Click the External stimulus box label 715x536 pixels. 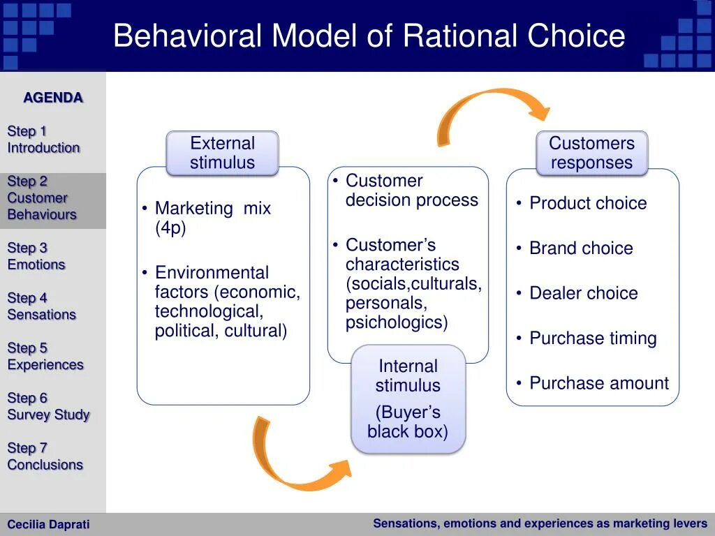pyautogui.click(x=222, y=153)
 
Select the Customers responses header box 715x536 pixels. pyautogui.click(x=591, y=153)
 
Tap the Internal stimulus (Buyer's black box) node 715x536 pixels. pyautogui.click(x=408, y=399)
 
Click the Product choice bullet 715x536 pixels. pyautogui.click(x=588, y=203)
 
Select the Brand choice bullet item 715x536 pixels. pyautogui.click(x=581, y=248)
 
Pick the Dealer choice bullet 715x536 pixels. pyautogui.click(x=583, y=293)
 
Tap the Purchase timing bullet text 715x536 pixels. pyautogui.click(x=593, y=338)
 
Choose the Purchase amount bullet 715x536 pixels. pyautogui.click(x=598, y=383)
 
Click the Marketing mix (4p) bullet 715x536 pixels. pyautogui.click(x=212, y=218)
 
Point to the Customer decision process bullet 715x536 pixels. pyautogui.click(x=411, y=191)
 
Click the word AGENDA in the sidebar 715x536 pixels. pyautogui.click(x=53, y=98)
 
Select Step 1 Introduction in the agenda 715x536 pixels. pyautogui.click(x=43, y=140)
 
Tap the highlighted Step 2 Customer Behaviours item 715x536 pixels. pyautogui.click(x=42, y=198)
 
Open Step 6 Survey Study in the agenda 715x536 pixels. pyautogui.click(x=48, y=406)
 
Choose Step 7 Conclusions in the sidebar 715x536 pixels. pyautogui.click(x=45, y=456)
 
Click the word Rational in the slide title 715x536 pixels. pyautogui.click(x=461, y=36)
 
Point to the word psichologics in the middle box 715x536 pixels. pyautogui.click(x=397, y=323)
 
